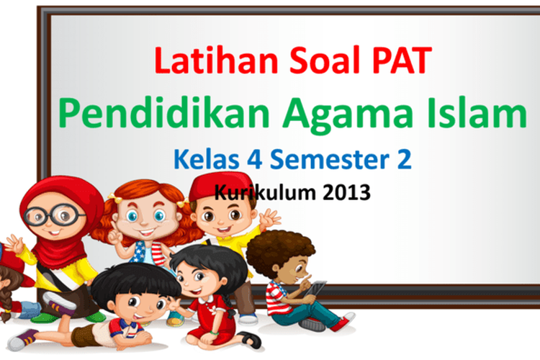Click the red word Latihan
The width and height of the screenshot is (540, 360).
216,60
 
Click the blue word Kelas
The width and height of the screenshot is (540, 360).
207,159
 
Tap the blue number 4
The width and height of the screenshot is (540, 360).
254,160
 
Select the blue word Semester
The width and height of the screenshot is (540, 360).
330,159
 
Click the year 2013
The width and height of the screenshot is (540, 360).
346,192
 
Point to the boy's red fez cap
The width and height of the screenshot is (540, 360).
221,186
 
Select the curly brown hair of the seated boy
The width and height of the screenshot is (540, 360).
278,251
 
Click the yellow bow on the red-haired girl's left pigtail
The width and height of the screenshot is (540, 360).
116,199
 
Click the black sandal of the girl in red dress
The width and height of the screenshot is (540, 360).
249,339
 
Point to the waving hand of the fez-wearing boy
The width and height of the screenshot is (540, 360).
270,218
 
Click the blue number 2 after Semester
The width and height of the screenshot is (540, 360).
405,159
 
